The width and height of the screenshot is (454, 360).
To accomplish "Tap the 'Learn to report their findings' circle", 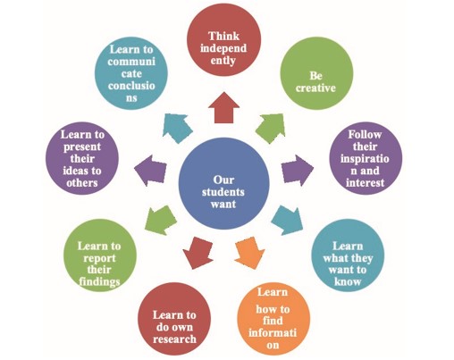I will pyautogui.click(x=99, y=259).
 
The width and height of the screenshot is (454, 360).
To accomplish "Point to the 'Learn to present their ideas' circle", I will pyautogui.click(x=82, y=158).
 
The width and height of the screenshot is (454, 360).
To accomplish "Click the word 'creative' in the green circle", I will pyautogui.click(x=315, y=89).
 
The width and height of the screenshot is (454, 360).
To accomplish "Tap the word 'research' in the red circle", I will pyautogui.click(x=175, y=338).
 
